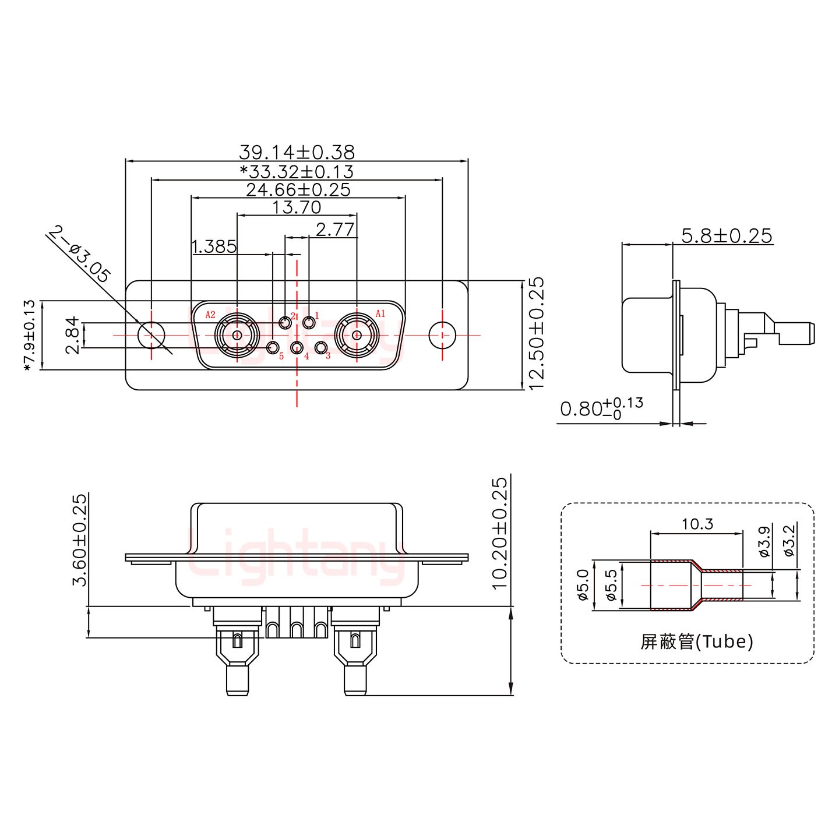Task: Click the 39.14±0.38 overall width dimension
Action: click(297, 152)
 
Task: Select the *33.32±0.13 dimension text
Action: click(297, 171)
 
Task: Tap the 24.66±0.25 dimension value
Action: click(298, 189)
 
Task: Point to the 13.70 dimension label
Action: click(297, 207)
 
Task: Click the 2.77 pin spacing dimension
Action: click(334, 230)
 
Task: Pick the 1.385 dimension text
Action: click(214, 247)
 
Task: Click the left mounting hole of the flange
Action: click(151, 336)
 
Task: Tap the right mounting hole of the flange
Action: click(443, 336)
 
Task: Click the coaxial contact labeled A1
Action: click(357, 336)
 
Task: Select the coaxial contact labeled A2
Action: click(237, 336)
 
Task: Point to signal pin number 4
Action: click(297, 348)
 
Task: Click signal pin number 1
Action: click(309, 322)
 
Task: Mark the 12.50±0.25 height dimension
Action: click(535, 333)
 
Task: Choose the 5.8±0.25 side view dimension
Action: click(727, 236)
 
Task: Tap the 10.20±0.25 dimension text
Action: click(500, 533)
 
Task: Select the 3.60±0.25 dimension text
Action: click(79, 539)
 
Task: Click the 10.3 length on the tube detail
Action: click(697, 524)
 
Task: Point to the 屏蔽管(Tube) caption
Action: click(697, 641)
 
